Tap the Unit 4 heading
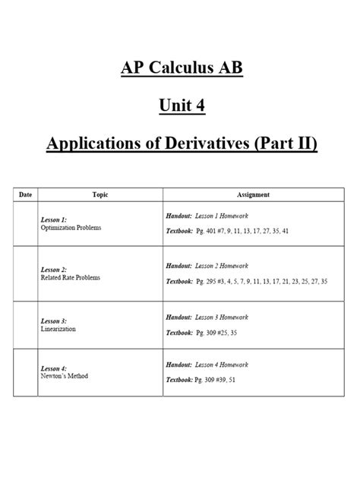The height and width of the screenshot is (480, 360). (180, 106)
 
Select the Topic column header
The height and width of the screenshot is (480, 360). (100, 195)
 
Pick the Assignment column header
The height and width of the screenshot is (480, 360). (253, 195)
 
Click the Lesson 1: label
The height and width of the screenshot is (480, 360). (55, 219)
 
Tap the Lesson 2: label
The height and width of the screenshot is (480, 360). (55, 270)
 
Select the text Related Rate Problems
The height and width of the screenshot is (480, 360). (71, 277)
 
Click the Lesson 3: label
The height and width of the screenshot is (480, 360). (55, 321)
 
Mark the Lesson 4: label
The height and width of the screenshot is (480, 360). (55, 368)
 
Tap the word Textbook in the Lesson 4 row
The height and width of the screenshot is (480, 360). (180, 379)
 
